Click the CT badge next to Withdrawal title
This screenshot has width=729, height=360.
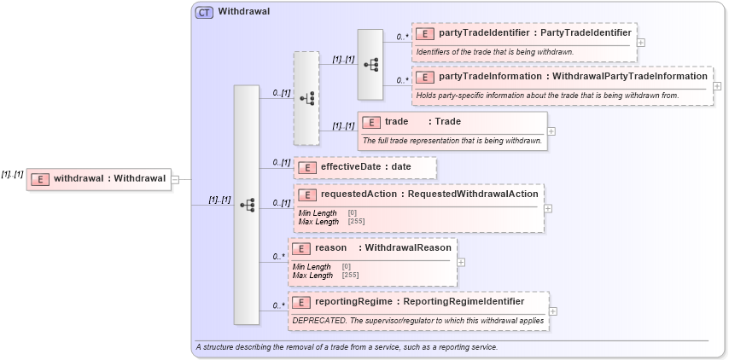(x=204, y=12)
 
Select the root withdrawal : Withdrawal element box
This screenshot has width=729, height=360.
(x=98, y=178)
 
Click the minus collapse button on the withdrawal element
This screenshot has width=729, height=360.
(x=175, y=179)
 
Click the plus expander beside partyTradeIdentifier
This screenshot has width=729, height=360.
(x=641, y=42)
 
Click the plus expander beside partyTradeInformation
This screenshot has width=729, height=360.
(x=717, y=86)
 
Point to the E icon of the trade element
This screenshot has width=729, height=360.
(x=370, y=122)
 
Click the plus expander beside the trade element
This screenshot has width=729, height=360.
(x=551, y=131)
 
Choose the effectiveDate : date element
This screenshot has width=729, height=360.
(x=365, y=167)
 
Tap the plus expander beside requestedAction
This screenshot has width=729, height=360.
(x=548, y=208)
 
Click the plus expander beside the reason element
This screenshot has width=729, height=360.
(x=461, y=261)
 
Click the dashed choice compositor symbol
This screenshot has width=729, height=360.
(x=306, y=98)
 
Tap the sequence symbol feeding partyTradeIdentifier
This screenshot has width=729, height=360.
(x=370, y=64)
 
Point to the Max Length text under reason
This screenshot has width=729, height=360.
(x=312, y=275)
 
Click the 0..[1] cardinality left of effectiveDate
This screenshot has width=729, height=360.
(x=282, y=162)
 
